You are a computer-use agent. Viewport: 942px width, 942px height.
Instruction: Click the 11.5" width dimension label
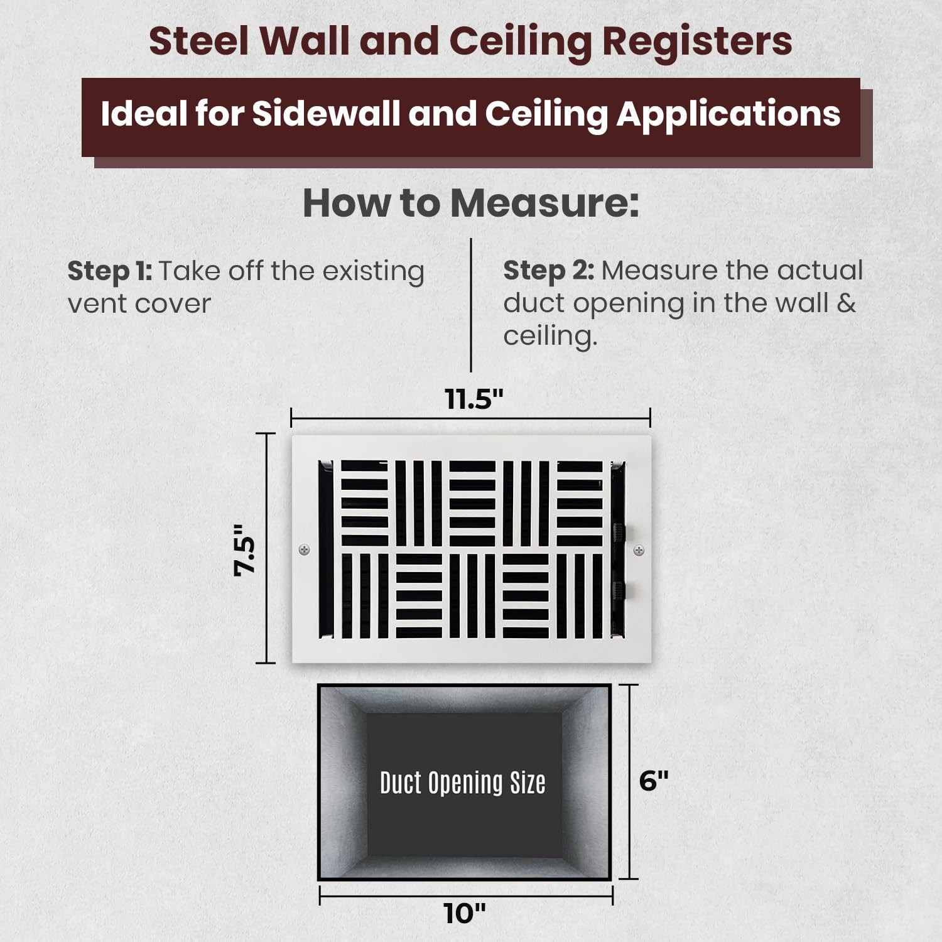pyautogui.click(x=474, y=399)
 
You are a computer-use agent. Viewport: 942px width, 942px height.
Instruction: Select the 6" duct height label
pyautogui.click(x=654, y=781)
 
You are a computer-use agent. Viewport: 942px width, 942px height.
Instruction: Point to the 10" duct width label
pyautogui.click(x=465, y=913)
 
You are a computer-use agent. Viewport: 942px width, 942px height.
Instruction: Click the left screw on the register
pyautogui.click(x=304, y=550)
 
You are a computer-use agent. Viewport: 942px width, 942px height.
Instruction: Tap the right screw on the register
pyautogui.click(x=639, y=551)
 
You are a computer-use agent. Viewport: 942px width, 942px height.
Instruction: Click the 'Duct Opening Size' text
pyautogui.click(x=463, y=783)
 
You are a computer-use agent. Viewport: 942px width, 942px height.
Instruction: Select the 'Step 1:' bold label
pyautogui.click(x=110, y=271)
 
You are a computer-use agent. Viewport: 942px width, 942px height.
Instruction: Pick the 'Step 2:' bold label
pyautogui.click(x=548, y=271)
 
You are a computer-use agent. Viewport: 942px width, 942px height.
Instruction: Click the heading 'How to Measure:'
pyautogui.click(x=471, y=203)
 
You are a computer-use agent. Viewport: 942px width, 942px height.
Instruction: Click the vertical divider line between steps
pyautogui.click(x=471, y=305)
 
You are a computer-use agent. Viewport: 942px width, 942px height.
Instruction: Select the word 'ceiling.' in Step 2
pyautogui.click(x=550, y=336)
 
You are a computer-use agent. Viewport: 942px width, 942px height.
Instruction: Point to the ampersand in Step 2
pyautogui.click(x=847, y=303)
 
